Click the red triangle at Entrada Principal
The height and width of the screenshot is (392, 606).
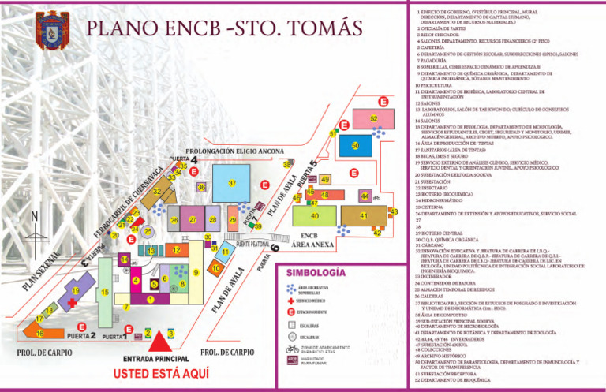[x=160, y=341]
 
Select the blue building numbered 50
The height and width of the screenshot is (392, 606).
[x=355, y=146]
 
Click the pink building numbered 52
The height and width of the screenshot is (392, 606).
[x=374, y=119]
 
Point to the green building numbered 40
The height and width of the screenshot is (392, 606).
[x=315, y=215]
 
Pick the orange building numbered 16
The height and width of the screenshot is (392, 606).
[x=39, y=334]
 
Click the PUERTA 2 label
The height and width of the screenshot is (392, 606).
[x=81, y=336]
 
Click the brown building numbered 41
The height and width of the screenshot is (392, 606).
[x=364, y=215]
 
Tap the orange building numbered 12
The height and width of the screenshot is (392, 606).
[x=177, y=250]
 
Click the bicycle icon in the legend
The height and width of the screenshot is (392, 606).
[x=293, y=349]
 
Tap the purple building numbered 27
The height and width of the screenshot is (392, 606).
[x=193, y=220]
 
